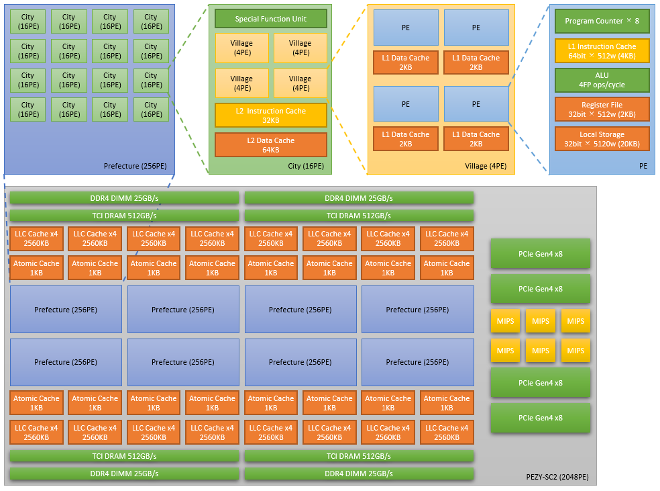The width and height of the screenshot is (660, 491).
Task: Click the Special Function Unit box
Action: (x=270, y=19)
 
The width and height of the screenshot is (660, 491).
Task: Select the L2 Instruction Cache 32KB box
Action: (x=270, y=116)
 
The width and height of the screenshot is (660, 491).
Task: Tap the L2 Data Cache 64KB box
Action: (x=270, y=145)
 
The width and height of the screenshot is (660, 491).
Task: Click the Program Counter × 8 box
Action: (x=602, y=21)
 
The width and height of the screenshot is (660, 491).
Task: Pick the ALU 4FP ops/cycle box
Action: (x=602, y=80)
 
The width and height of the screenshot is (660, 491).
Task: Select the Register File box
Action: (x=602, y=109)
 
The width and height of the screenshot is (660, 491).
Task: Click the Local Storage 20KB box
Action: (x=602, y=139)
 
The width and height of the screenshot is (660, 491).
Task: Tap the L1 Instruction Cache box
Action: (x=602, y=51)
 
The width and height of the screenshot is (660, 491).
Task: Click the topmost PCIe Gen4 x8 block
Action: (x=540, y=253)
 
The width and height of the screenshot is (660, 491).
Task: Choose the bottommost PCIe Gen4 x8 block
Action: (x=540, y=418)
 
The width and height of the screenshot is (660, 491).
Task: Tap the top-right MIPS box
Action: (x=575, y=321)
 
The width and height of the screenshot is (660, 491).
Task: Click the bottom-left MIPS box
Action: (x=505, y=351)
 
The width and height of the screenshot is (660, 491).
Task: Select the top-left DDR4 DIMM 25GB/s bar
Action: (x=124, y=198)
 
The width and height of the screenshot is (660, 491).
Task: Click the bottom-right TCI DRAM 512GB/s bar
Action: (x=359, y=456)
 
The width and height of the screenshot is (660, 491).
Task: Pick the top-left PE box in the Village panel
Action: (x=406, y=28)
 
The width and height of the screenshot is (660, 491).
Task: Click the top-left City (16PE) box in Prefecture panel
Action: (x=27, y=22)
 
